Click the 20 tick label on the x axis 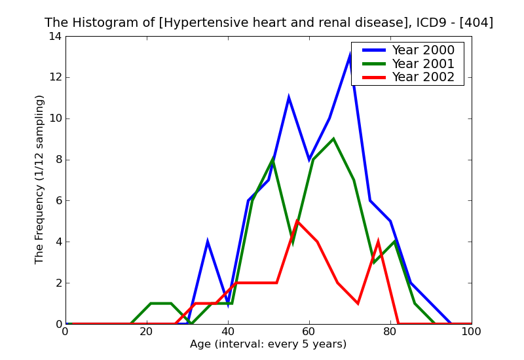147,333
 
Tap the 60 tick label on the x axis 309,333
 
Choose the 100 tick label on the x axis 471,333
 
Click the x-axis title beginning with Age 268,344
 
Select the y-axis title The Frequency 40,179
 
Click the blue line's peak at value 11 289,98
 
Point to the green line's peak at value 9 333,139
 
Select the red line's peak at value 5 297,221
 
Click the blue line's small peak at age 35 208,242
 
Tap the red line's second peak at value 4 378,242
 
